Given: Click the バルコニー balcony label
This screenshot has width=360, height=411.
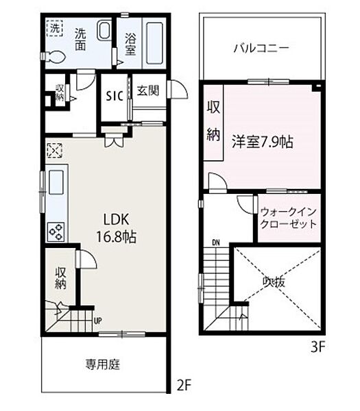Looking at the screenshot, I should coord(261,48).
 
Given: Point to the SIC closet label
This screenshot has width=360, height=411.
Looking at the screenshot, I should coord(114,96).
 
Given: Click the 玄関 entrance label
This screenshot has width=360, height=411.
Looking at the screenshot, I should coord(144,90).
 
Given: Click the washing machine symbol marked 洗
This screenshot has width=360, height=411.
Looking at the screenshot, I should coord(54,29).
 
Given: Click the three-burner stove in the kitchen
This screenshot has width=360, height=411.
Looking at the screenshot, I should coord(55,232).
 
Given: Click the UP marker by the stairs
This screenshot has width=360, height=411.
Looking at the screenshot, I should coord(98,320).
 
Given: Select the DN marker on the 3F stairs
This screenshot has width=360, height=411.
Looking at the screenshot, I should coord(216,242).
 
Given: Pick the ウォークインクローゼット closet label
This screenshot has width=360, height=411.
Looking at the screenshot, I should coord(288,217).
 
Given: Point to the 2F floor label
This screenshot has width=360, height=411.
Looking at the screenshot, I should coord(182,386).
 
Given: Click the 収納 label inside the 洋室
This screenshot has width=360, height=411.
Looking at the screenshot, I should coord(213,121).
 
